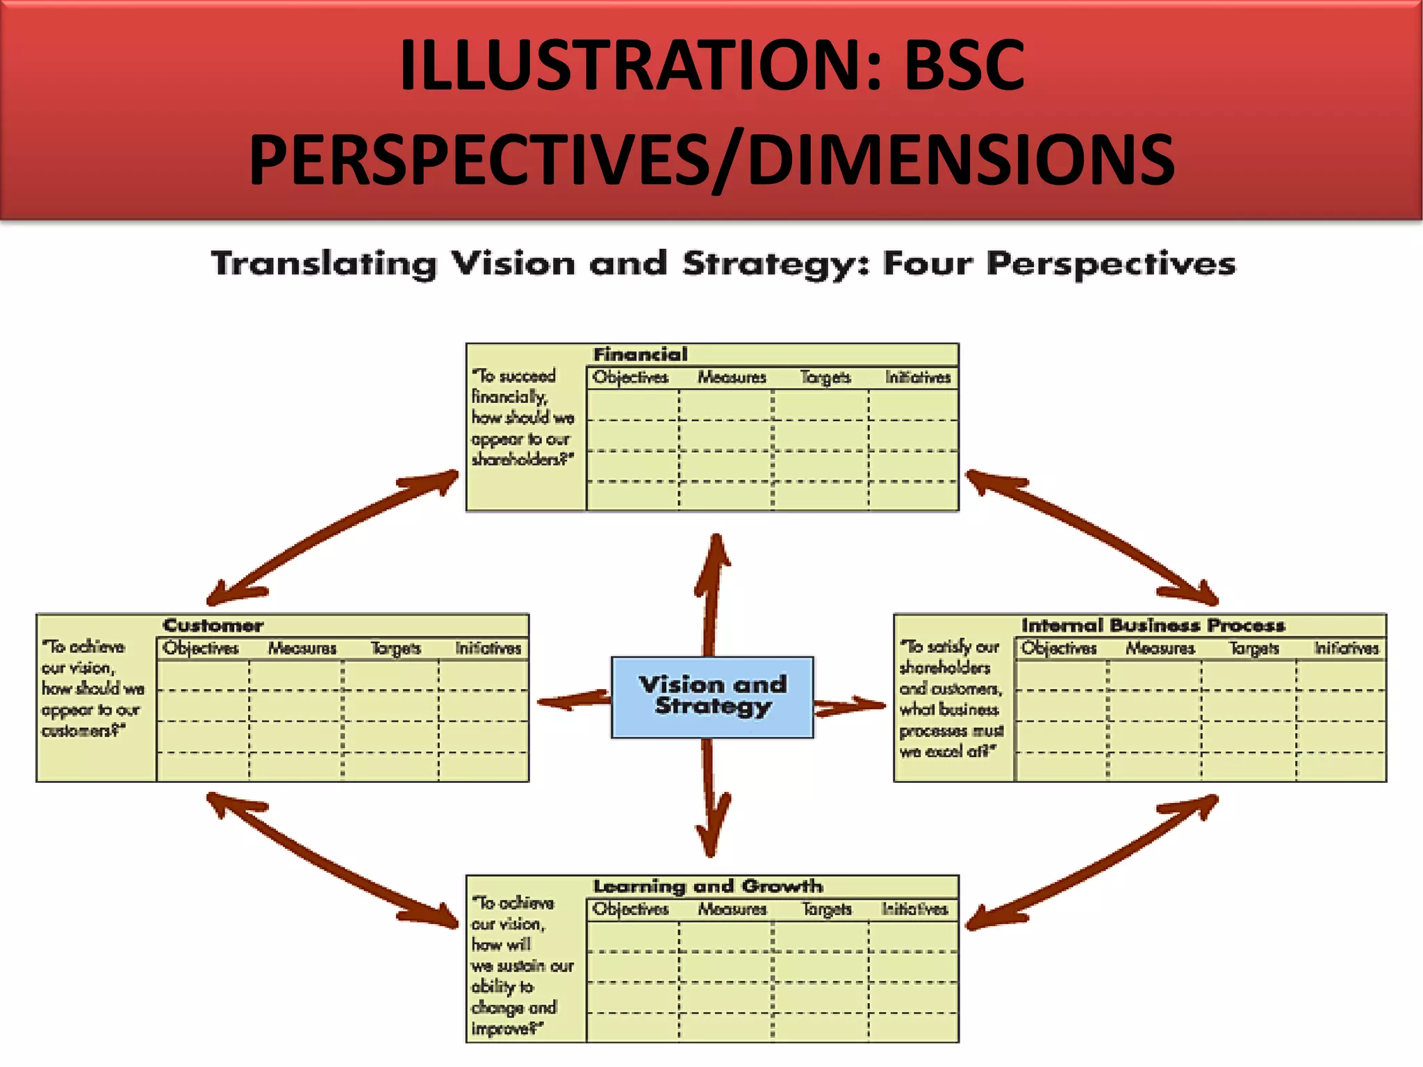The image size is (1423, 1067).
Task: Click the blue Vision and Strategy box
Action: point(712,697)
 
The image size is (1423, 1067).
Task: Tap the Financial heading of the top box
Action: point(640,354)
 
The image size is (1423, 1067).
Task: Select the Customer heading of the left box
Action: point(213,625)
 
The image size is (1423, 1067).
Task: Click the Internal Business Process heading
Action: point(1153,625)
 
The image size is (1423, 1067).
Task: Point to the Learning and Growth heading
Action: point(707,886)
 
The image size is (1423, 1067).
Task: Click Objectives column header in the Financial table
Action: point(630,377)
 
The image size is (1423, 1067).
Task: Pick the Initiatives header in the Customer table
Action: point(488,648)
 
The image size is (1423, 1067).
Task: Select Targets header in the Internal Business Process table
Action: point(1253,648)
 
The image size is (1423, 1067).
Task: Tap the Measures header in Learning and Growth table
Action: point(732,909)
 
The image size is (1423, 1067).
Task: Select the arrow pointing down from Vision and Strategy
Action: point(710,799)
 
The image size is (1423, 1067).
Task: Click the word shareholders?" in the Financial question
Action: point(523,460)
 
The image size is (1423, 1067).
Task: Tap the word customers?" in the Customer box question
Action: point(83,731)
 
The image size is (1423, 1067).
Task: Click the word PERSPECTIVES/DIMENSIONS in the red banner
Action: point(711,160)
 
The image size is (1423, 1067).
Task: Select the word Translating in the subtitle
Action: point(324,264)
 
